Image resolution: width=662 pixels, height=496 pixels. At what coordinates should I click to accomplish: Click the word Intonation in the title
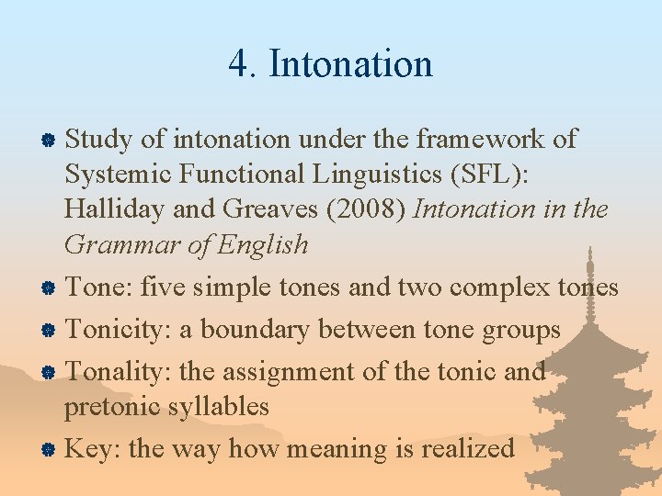(350, 64)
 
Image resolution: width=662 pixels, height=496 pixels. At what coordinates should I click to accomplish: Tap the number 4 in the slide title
(238, 64)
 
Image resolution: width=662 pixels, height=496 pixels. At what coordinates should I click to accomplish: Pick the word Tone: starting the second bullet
(102, 287)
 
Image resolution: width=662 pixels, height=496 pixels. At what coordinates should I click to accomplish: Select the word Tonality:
(120, 371)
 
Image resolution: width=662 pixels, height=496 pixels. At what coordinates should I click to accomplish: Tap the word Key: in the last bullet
(92, 448)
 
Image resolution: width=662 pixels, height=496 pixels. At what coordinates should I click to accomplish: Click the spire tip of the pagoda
(589, 250)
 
